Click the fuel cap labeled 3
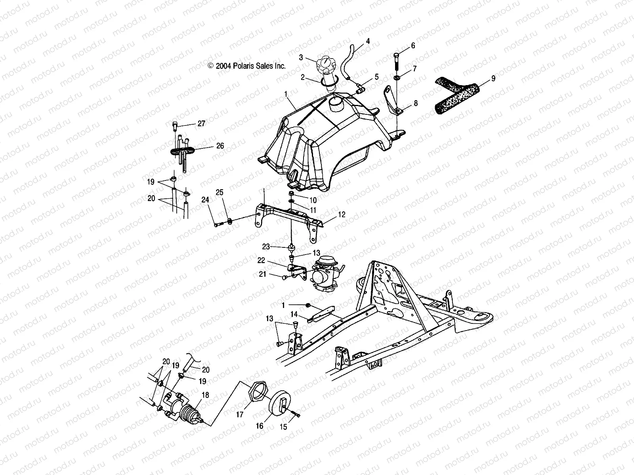coord(325,64)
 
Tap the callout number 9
coord(493,78)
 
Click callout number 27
coord(201,124)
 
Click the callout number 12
coord(342,215)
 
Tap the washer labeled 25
coord(229,220)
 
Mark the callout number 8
coord(415,103)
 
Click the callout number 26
coord(220,146)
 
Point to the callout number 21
coord(274,274)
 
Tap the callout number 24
coord(205,200)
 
